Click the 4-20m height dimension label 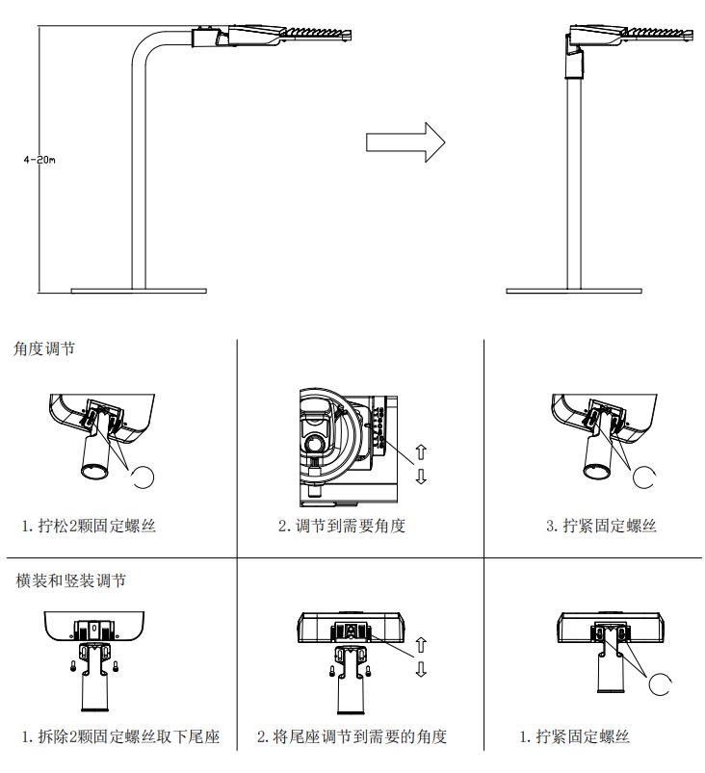coord(39,160)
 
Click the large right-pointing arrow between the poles coord(405,142)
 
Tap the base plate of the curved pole coord(139,290)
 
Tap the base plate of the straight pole coord(574,290)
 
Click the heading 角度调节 coord(44,348)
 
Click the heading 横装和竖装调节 coord(70,580)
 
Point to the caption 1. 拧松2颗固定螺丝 coord(89,526)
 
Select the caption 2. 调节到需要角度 coord(342,526)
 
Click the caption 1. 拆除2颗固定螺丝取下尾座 coord(120,736)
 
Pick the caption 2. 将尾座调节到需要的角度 coord(352,736)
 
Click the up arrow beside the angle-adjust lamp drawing coord(421,451)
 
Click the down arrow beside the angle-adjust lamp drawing coord(421,476)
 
